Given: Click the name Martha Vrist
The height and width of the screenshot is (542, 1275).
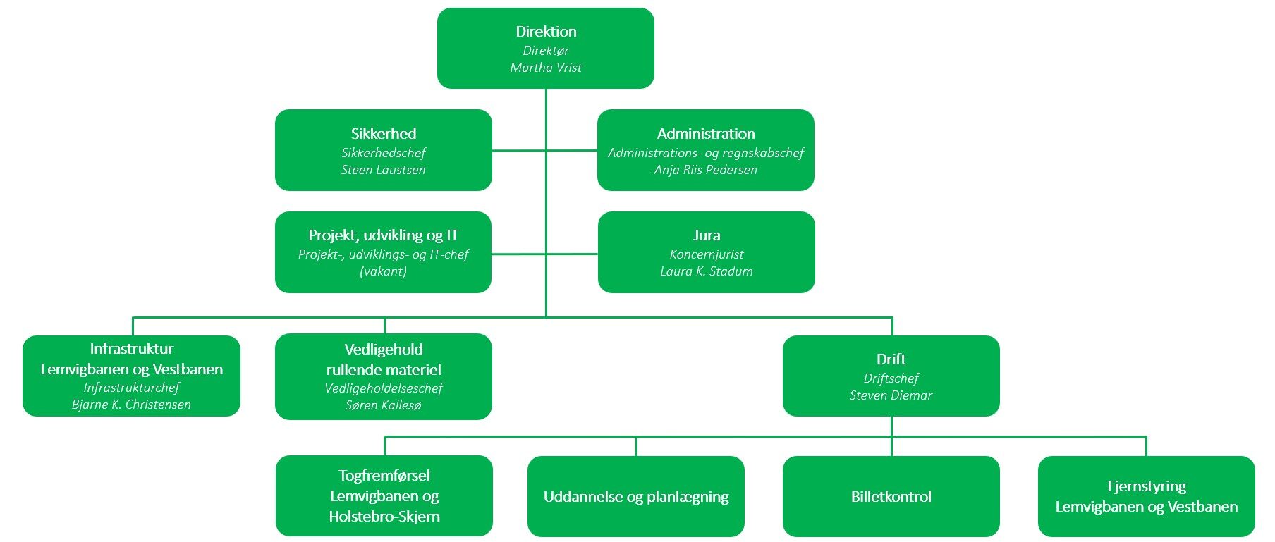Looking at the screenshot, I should [x=546, y=68].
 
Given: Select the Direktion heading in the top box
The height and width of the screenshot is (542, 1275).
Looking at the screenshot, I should [x=546, y=32].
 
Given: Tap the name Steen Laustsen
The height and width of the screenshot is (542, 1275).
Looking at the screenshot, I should [x=383, y=170].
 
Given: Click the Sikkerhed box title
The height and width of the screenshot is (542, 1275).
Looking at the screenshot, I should [x=383, y=134].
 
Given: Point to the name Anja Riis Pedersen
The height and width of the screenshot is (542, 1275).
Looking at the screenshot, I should [x=705, y=170].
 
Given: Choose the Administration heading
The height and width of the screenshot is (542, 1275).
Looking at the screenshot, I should [x=705, y=134].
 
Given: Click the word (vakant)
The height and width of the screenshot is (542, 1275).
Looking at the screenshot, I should [x=383, y=271].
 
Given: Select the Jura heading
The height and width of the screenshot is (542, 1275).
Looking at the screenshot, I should [x=706, y=235].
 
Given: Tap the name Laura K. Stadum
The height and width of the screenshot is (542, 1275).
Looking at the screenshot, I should [x=706, y=271].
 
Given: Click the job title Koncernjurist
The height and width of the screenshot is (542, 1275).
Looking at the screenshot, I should [x=706, y=254].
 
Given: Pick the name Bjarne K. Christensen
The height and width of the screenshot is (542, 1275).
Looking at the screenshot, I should [x=131, y=405].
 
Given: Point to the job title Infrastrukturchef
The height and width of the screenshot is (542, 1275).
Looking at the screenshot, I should [x=131, y=388].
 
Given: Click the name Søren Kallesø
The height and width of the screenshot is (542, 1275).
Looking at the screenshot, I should [x=383, y=405].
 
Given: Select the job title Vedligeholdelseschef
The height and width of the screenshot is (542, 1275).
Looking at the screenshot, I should [x=383, y=388].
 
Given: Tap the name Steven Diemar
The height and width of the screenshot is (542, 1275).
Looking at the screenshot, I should [x=891, y=395].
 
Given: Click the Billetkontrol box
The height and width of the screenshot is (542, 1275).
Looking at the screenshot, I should [x=891, y=496].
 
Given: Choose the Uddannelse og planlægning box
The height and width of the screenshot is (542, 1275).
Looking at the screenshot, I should [x=635, y=496].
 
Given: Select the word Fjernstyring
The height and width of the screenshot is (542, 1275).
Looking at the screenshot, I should [x=1146, y=486].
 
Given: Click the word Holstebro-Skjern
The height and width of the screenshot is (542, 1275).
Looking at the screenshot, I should [x=384, y=517].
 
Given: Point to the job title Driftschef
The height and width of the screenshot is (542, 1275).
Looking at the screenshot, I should [x=891, y=378].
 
